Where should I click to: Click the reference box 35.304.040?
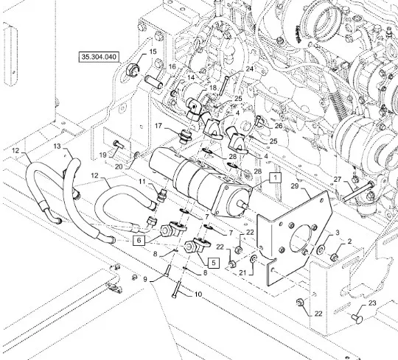click(x=99, y=57)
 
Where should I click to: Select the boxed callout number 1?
click(x=276, y=177)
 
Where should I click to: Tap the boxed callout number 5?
click(x=214, y=263)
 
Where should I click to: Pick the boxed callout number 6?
click(x=139, y=240)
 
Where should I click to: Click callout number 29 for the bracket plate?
click(x=294, y=186)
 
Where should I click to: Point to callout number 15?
click(x=153, y=52)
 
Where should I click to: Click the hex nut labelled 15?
click(x=132, y=70)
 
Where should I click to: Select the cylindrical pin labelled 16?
click(x=153, y=81)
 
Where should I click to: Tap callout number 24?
click(x=250, y=68)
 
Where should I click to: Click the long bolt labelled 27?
click(x=358, y=191)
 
